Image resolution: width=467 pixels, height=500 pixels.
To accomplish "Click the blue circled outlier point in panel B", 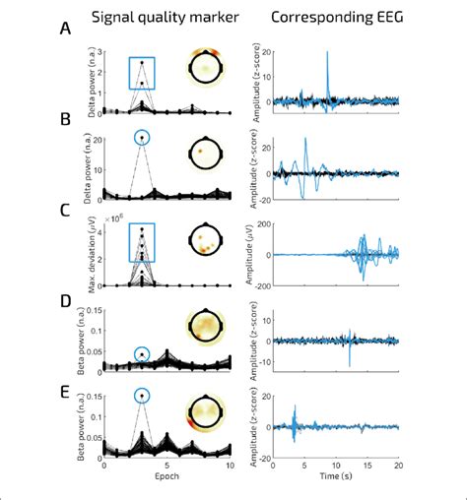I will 143,138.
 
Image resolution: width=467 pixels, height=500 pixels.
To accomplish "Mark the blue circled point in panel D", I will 143,353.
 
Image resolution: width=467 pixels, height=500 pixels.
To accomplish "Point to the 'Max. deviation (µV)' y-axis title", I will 87,253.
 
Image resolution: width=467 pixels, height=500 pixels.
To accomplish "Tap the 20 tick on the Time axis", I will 398,468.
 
